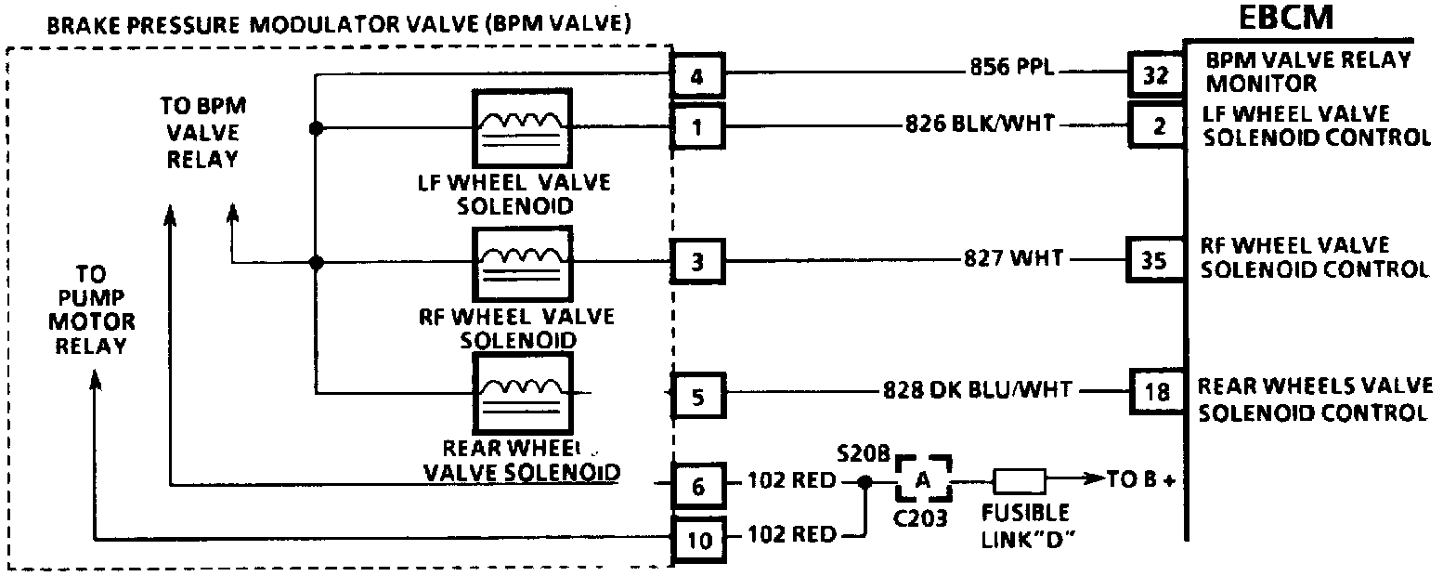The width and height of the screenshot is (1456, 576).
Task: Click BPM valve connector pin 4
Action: (x=697, y=75)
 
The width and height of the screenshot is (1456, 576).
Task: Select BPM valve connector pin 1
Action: (x=697, y=125)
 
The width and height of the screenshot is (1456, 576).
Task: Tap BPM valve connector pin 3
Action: (x=697, y=261)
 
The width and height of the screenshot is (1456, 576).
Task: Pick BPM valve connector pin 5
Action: (x=697, y=397)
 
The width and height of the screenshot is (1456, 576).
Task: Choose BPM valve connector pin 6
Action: (x=697, y=485)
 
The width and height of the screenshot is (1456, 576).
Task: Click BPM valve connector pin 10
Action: (x=697, y=537)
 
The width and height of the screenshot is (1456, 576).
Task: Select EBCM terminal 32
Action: (x=1154, y=75)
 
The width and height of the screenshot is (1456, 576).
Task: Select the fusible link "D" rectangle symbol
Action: (x=1020, y=481)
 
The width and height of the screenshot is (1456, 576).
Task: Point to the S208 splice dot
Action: (x=864, y=482)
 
